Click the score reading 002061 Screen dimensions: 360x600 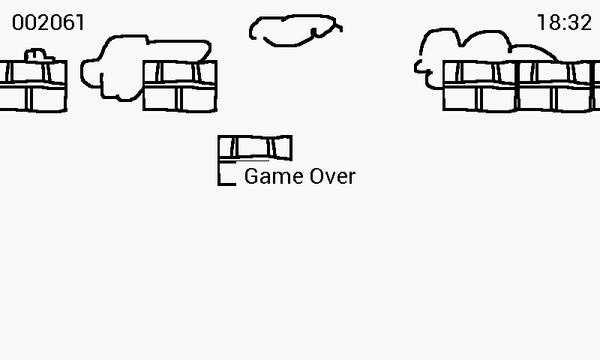[48, 22]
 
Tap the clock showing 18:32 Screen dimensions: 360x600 [564, 22]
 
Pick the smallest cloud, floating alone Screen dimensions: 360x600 [294, 30]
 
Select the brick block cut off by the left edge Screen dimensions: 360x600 [32, 85]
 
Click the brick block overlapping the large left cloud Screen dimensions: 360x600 [180, 85]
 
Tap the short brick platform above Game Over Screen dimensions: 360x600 [255, 148]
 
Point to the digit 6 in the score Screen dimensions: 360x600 [66, 22]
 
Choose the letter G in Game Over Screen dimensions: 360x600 [252, 176]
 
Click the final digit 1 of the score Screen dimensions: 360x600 [79, 22]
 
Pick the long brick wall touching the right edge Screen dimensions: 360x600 [521, 85]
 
